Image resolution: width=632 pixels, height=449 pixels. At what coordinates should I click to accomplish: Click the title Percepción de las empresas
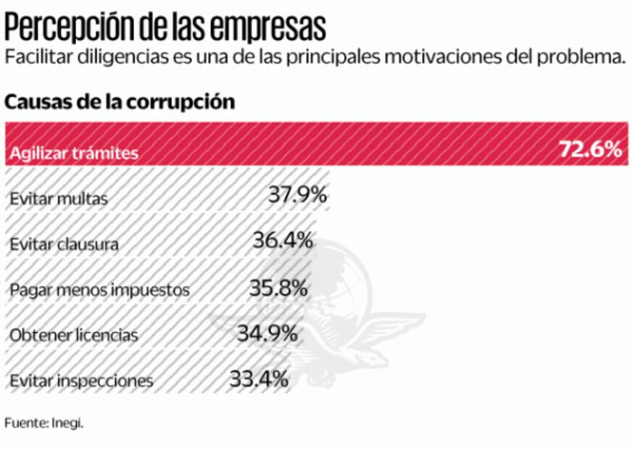(165, 27)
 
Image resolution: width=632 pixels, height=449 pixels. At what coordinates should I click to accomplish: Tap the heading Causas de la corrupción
(120, 102)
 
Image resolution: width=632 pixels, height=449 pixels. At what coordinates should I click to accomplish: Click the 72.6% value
(590, 150)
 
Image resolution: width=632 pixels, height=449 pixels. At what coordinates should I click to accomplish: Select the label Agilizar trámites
(73, 154)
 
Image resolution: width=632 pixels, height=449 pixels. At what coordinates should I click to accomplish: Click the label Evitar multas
(59, 198)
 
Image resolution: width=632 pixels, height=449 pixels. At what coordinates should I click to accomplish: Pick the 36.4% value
(283, 240)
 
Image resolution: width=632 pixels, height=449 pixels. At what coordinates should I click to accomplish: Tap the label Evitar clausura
(65, 245)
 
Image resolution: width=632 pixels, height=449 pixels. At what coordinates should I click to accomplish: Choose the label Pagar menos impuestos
(100, 290)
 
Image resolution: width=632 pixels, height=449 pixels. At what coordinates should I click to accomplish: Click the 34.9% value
(267, 333)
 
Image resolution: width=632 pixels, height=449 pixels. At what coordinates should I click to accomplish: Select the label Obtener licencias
(74, 336)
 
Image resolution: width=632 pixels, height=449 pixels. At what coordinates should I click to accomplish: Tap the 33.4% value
(259, 378)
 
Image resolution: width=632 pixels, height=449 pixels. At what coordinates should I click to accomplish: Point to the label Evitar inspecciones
(81, 381)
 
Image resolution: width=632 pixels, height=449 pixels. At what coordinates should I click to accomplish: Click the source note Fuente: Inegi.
(43, 423)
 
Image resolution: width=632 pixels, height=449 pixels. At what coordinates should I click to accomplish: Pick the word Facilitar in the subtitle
(36, 58)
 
